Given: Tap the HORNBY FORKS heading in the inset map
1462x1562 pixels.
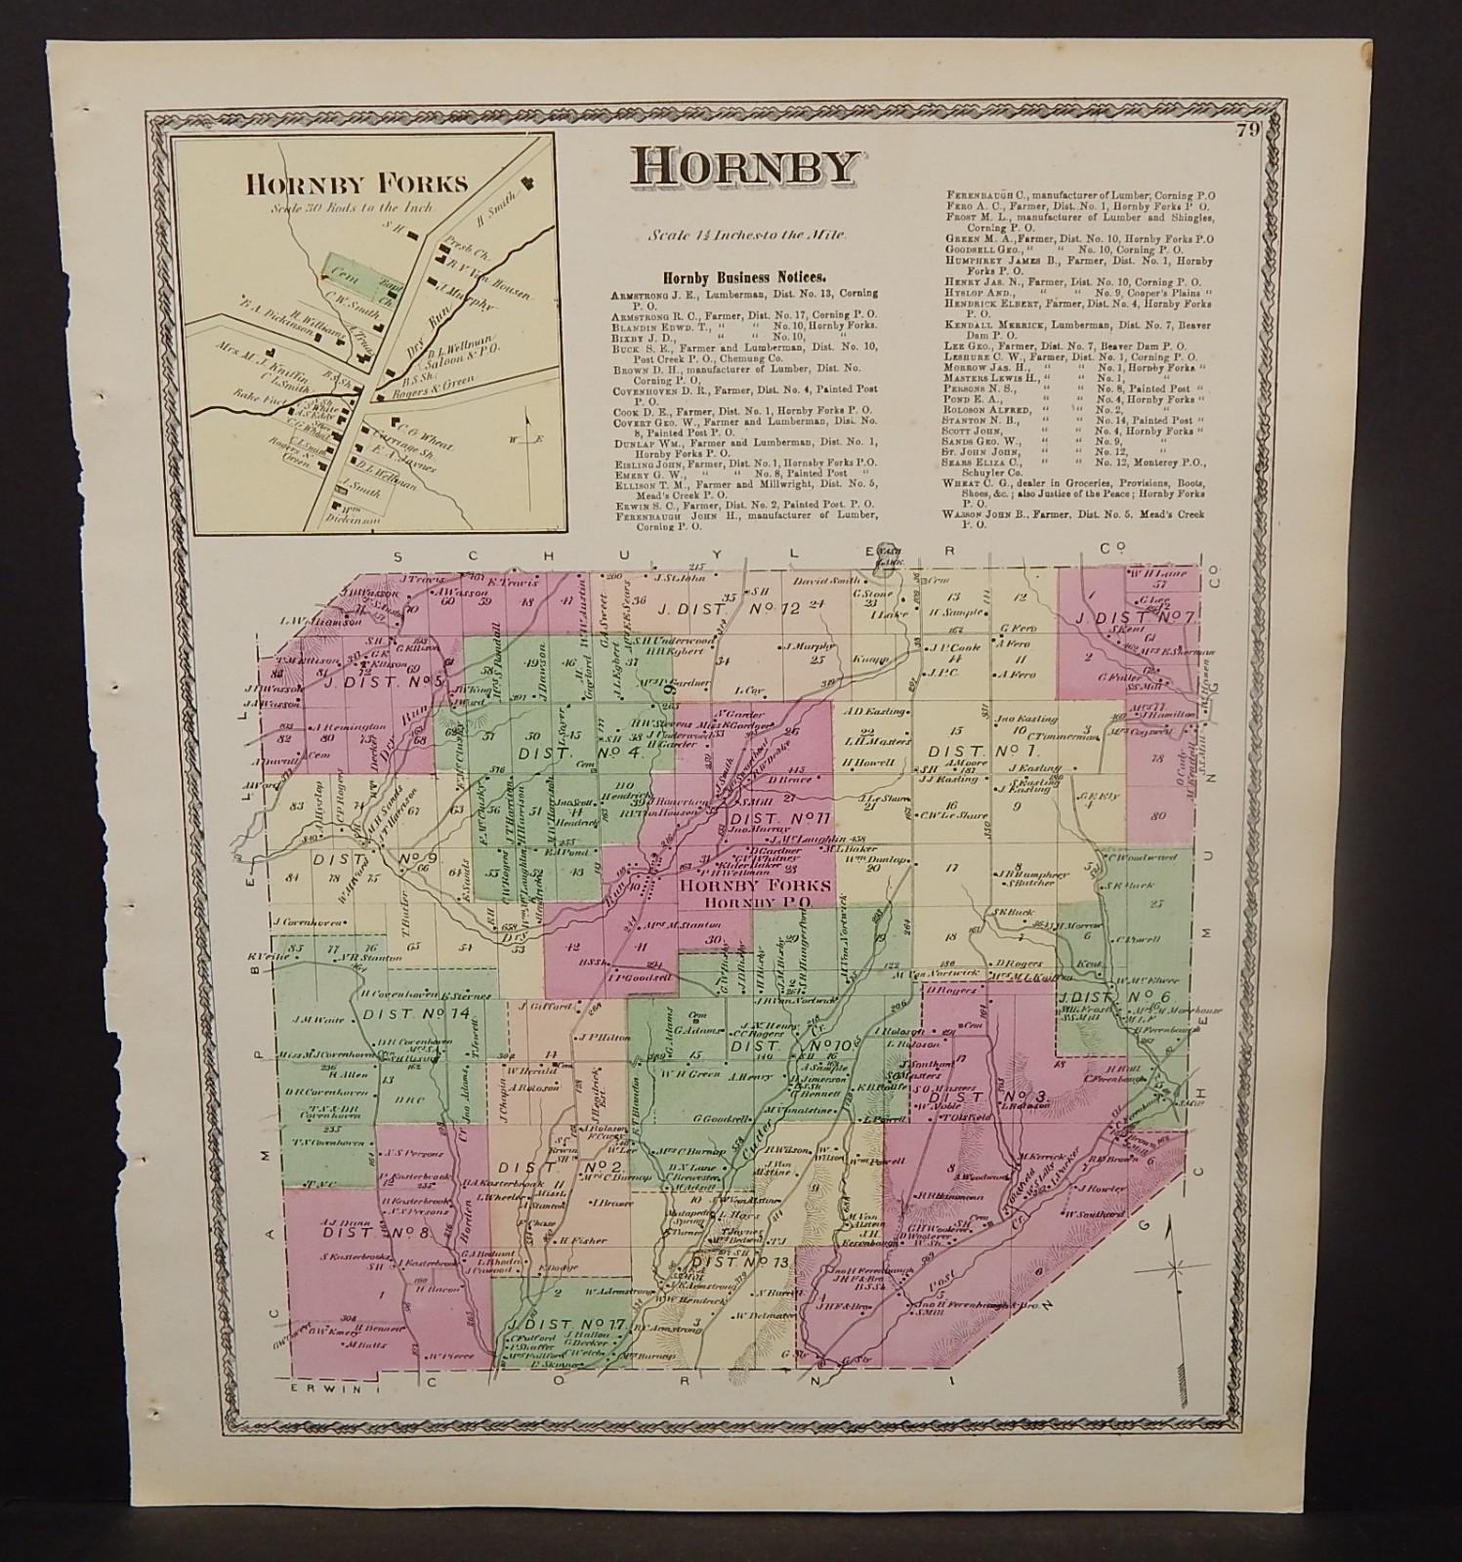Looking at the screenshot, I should click(x=356, y=184).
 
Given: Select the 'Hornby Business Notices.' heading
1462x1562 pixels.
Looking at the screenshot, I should click(x=743, y=277).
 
